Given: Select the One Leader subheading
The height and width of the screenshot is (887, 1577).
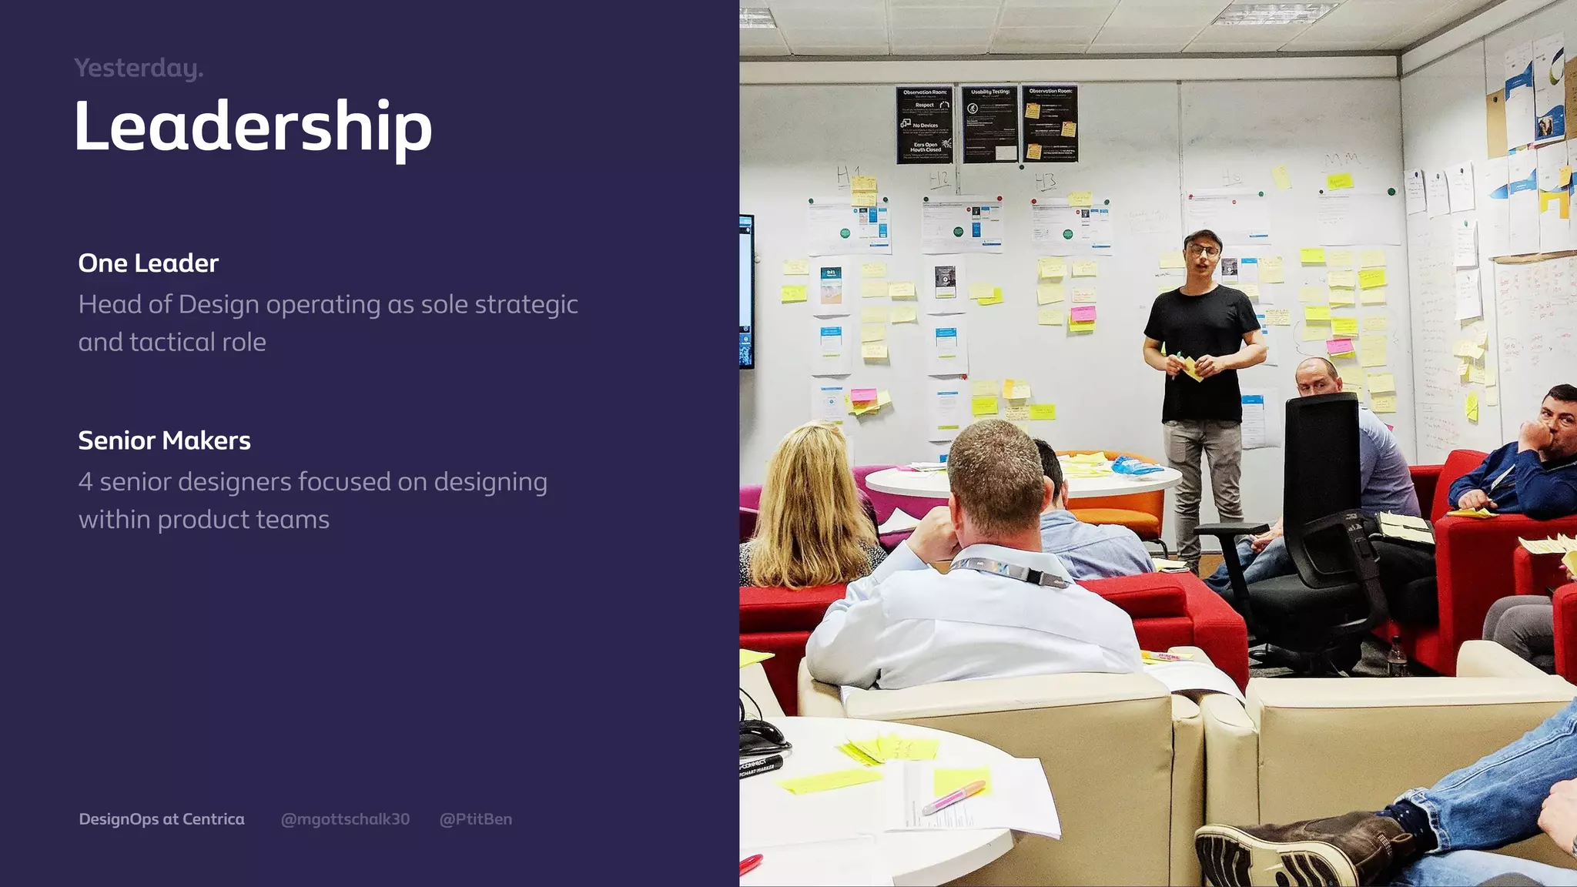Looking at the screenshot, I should [148, 263].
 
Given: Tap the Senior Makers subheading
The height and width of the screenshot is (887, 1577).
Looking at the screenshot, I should [164, 440].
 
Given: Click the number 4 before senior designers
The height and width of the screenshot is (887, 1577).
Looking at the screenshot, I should [85, 482].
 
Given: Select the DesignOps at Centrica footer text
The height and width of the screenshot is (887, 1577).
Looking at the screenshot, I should [162, 819].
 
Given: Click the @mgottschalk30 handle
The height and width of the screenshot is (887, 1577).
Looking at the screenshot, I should [345, 819].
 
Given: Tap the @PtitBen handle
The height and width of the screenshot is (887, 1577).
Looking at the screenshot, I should [475, 819].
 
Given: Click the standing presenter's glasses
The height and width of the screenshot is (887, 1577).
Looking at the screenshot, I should [1203, 249].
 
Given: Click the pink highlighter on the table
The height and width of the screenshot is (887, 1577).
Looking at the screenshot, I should [953, 797].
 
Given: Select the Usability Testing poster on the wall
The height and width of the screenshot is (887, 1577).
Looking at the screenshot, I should [989, 124].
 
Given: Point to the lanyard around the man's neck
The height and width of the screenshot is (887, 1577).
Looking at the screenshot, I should [1009, 570].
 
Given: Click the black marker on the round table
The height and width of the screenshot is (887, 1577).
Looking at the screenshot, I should [761, 765].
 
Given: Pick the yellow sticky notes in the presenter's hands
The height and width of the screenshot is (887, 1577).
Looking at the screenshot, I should [1193, 367].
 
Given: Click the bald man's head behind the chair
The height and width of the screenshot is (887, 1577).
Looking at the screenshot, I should [1317, 375].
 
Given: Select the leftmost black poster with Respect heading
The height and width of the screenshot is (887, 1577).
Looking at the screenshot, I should [924, 125].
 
